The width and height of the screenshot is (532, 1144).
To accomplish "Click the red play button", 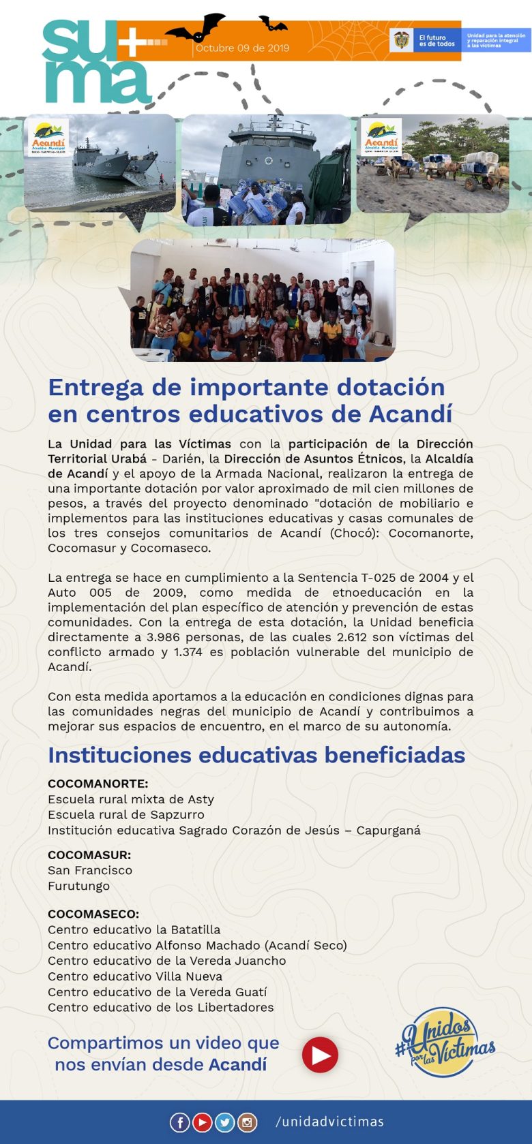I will point(320,1055).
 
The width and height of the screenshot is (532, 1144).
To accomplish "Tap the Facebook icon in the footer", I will point(179,1122).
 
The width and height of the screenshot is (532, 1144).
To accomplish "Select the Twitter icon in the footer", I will point(224,1122).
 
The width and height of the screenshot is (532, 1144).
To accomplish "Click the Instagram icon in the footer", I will point(247,1122).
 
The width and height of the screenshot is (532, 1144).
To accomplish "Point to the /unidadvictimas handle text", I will point(329,1122).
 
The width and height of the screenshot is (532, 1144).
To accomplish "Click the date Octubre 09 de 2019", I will point(242,48).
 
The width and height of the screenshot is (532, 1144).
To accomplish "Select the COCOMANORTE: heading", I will point(98,784).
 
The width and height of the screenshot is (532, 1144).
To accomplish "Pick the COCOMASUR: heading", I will point(89,854).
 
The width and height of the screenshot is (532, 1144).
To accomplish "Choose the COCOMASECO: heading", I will point(93,914).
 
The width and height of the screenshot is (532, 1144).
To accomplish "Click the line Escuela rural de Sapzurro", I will point(125,815).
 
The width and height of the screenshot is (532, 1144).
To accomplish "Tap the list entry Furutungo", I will point(78,886).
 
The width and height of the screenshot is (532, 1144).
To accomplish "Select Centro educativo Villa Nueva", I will point(135,976).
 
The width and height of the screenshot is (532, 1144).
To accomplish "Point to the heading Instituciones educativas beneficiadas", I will point(256,755).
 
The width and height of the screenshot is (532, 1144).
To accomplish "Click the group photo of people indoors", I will point(263,300).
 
